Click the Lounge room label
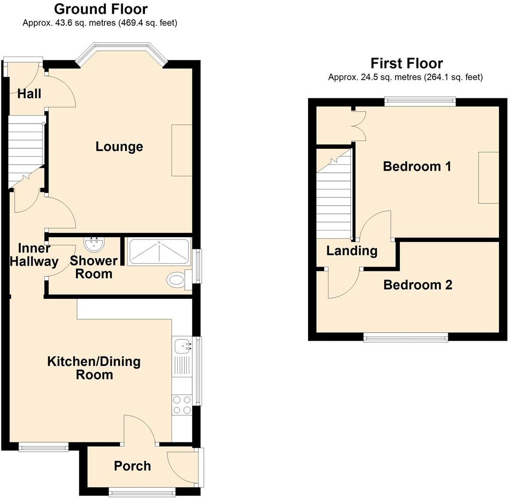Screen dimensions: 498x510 tap(119, 146)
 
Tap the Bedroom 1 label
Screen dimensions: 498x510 tap(417, 167)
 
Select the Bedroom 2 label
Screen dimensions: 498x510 tap(417, 285)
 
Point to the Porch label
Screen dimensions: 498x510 tap(132, 466)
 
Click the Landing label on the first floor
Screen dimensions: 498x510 tap(352, 251)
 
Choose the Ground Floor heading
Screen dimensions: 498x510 tap(100, 9)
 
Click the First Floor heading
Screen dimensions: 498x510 tap(406, 63)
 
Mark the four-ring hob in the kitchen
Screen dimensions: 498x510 tap(182, 405)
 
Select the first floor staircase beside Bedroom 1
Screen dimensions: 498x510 tap(334, 195)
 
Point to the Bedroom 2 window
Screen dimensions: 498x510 tap(405, 337)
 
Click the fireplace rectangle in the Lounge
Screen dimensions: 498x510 tap(182, 150)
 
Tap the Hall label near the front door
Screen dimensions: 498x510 tap(29, 94)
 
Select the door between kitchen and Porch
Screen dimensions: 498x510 tap(140, 430)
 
